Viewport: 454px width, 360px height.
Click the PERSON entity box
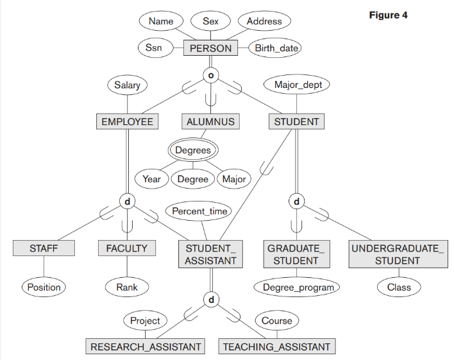(x=210, y=48)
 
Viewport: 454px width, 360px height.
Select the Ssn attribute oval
(x=154, y=48)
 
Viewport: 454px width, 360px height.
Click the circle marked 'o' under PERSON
(x=210, y=75)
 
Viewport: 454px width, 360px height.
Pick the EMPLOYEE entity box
(x=128, y=121)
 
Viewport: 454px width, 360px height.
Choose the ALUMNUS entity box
(x=210, y=121)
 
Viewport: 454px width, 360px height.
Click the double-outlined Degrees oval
(x=193, y=150)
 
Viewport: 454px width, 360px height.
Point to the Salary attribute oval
(x=127, y=85)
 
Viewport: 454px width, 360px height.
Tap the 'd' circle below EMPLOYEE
(x=127, y=202)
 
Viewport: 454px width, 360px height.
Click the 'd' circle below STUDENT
(x=296, y=202)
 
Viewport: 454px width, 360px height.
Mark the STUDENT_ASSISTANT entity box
(x=210, y=254)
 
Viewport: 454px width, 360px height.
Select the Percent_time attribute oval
(x=199, y=210)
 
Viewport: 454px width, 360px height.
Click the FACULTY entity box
(x=127, y=248)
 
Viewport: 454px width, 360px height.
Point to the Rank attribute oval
(x=127, y=287)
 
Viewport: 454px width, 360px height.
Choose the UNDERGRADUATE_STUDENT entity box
(x=398, y=254)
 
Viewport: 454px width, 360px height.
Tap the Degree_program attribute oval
(x=298, y=287)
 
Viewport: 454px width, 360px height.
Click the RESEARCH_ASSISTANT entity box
(x=146, y=347)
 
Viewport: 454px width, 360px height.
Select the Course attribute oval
(x=277, y=320)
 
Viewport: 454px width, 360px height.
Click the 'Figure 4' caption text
(x=388, y=15)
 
